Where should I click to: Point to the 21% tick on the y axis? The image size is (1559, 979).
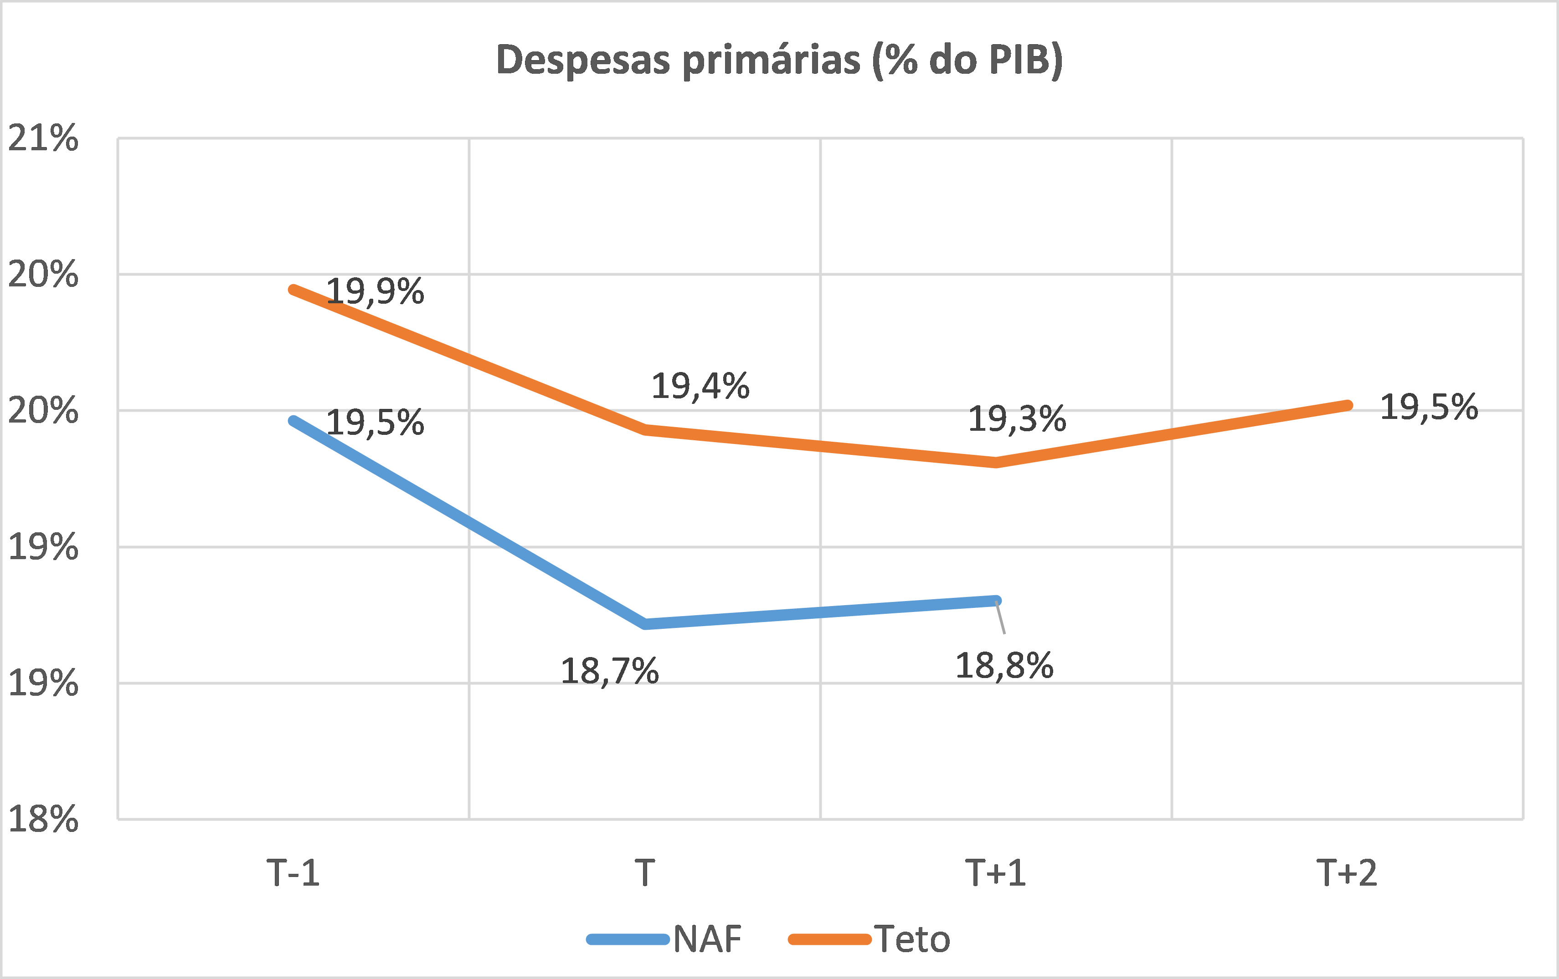[x=43, y=138]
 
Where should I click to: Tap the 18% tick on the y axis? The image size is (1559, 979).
[x=43, y=819]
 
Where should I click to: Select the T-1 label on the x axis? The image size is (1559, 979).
[x=293, y=873]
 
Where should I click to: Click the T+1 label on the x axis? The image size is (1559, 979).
[x=996, y=873]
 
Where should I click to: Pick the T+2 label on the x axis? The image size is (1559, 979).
[x=1347, y=873]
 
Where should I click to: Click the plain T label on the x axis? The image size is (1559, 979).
[x=645, y=873]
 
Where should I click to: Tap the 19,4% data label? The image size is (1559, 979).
[x=700, y=386]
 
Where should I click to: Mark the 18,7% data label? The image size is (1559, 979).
[x=609, y=671]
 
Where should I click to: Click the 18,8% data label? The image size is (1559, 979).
[x=1004, y=666]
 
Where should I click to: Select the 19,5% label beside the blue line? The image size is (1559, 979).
[x=375, y=423]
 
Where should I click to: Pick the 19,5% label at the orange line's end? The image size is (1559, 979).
[x=1429, y=407]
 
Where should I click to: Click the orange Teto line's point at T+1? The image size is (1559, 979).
[x=996, y=462]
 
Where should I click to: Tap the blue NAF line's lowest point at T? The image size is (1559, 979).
[x=645, y=624]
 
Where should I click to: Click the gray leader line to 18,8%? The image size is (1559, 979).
[x=1001, y=618]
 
